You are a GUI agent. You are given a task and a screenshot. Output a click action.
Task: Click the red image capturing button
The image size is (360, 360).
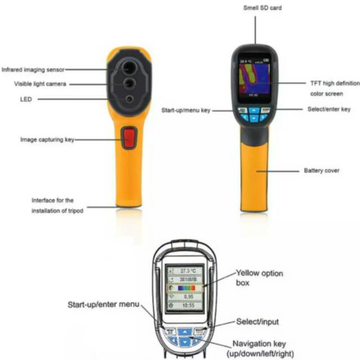point(129,138)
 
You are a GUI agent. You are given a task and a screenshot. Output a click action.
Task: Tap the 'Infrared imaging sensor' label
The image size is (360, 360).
point(33,70)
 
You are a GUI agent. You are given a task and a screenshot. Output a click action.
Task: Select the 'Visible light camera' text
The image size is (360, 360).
point(40,84)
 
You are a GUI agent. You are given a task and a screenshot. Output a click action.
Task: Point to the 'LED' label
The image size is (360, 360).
point(25,99)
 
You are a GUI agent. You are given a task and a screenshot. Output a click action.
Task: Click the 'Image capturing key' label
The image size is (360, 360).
point(47,139)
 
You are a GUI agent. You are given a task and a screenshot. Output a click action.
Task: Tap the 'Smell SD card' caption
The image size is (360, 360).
point(262,8)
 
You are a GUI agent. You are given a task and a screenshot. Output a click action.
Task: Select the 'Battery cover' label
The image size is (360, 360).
point(321,170)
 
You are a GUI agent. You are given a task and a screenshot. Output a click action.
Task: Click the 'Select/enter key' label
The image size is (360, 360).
point(329,109)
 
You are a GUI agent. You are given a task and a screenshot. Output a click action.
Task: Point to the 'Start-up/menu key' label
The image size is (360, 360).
point(186,110)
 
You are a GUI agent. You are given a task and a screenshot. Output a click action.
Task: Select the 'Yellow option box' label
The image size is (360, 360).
point(259,278)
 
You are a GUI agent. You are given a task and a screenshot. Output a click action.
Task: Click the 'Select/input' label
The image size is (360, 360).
point(258,322)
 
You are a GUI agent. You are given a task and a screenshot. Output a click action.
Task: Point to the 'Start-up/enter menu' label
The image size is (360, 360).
point(103,304)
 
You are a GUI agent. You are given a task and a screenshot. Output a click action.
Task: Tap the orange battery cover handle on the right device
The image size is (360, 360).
point(254,174)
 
